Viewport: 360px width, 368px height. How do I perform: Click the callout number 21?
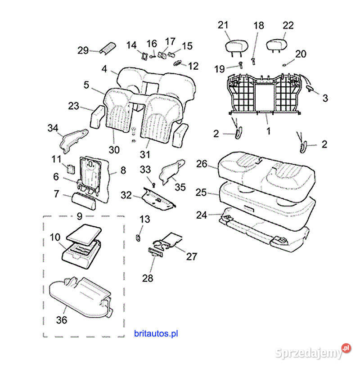pos(224,25)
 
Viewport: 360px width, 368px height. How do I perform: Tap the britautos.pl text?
pos(156,333)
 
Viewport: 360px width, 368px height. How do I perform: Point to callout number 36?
pos(62,320)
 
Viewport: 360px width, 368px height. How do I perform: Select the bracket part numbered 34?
pos(73,139)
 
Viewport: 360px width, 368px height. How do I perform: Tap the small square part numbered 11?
pos(70,169)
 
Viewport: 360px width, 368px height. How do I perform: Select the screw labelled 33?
pos(154,184)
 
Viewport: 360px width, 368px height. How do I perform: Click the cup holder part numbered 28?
pos(155,252)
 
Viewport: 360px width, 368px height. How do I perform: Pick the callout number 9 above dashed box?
pos(79,216)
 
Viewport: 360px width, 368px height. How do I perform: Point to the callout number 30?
pos(114,149)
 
